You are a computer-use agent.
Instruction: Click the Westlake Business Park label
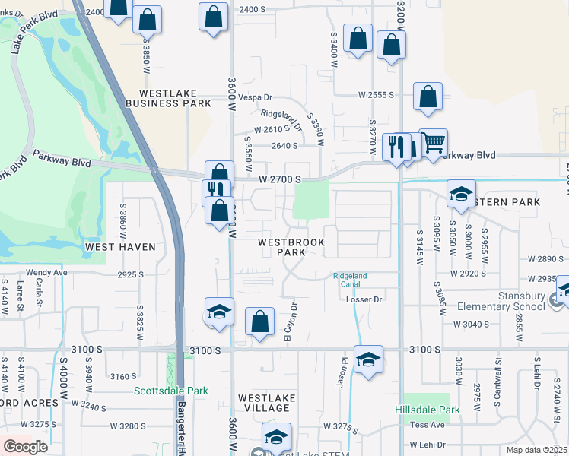168,98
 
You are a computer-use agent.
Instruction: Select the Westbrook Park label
291,247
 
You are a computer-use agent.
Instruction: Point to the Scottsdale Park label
170,392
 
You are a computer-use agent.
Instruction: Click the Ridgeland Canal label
350,280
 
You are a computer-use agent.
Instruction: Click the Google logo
25,447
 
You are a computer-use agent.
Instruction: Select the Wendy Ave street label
47,272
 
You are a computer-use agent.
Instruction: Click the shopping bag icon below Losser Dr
260,321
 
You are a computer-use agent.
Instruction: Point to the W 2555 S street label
377,95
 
